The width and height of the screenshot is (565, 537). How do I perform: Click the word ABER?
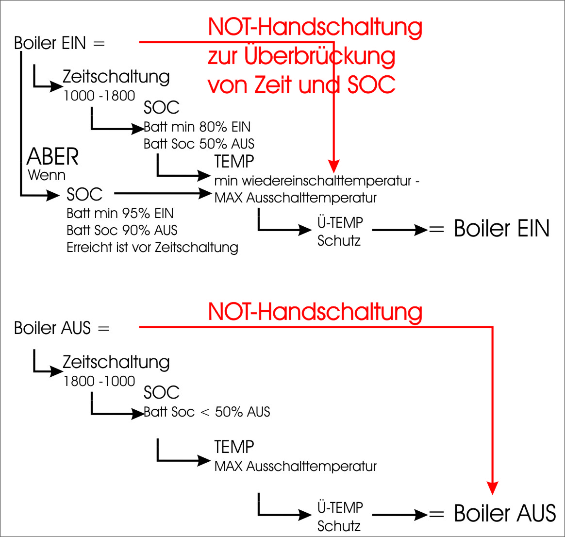click(x=52, y=157)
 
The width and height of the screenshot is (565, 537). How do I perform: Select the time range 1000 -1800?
click(x=99, y=96)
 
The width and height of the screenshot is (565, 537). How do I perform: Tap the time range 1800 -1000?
click(x=99, y=381)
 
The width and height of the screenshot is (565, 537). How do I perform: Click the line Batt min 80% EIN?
click(x=197, y=127)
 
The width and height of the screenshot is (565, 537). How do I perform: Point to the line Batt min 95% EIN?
click(x=120, y=214)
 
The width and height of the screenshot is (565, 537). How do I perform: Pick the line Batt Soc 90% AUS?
click(x=122, y=230)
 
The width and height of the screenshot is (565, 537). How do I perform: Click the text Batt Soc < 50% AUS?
click(x=207, y=412)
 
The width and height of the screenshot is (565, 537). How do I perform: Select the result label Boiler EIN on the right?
click(x=501, y=229)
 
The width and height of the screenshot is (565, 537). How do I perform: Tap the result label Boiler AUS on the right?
click(x=505, y=514)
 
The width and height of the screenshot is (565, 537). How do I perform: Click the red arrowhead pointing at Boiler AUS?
click(x=493, y=488)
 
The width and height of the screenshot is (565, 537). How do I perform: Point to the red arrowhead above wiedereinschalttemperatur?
click(x=333, y=166)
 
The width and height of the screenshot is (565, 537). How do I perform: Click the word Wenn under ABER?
click(x=47, y=175)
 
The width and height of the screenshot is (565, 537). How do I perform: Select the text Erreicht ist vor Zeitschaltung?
click(x=152, y=248)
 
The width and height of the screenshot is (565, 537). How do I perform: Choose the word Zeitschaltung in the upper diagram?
click(x=116, y=77)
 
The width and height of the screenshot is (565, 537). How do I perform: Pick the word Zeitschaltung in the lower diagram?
click(x=116, y=362)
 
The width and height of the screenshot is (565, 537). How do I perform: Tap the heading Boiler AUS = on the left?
click(x=62, y=328)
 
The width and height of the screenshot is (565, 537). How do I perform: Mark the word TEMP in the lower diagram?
click(x=234, y=447)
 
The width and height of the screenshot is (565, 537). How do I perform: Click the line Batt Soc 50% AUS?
click(x=199, y=144)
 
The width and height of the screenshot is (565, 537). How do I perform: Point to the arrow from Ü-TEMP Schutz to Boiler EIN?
click(x=399, y=230)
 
